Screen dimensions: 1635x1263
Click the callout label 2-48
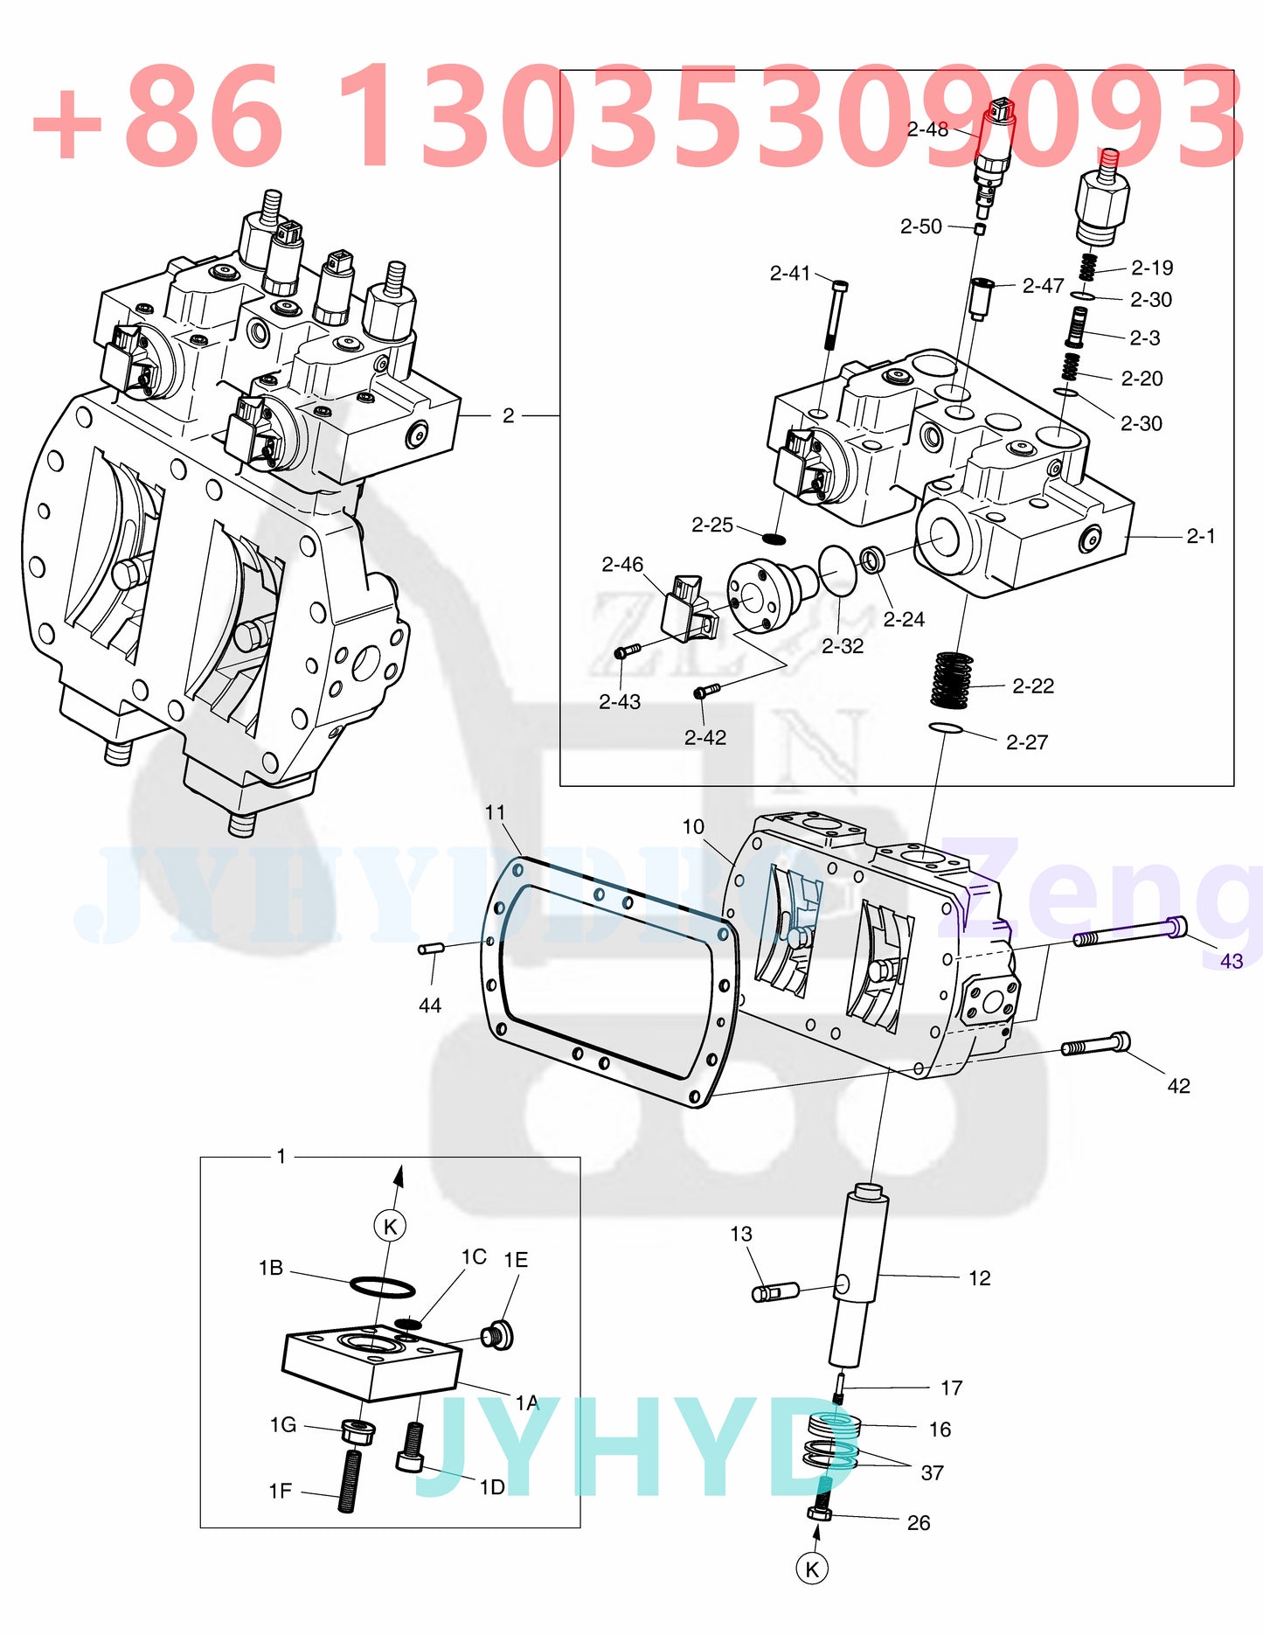[926, 130]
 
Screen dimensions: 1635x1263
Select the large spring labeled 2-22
[951, 679]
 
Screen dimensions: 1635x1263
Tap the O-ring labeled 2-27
[945, 728]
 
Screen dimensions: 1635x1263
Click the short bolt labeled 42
[1095, 1044]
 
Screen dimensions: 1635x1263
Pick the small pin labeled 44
[432, 949]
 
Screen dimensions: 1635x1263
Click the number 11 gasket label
[495, 812]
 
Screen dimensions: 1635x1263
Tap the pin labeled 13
[775, 1291]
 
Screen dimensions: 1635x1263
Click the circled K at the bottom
[812, 1569]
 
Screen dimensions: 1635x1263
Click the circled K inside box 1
[390, 1226]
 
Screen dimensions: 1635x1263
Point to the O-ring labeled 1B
[382, 1286]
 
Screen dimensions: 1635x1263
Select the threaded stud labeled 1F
[349, 1479]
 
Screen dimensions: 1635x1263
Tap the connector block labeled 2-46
[688, 605]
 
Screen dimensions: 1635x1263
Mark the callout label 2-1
[1200, 536]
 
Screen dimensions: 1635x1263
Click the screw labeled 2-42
[705, 692]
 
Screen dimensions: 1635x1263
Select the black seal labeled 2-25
[774, 537]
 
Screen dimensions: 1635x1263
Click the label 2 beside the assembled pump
[508, 416]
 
